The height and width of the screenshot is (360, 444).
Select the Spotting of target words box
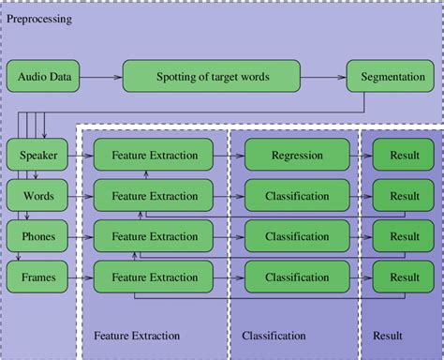212,76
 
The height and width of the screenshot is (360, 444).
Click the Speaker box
32,156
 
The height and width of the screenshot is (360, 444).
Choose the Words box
32,196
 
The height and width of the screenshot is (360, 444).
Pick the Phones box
32,236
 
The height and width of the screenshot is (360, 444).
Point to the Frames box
32,277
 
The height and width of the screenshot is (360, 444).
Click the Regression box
296,156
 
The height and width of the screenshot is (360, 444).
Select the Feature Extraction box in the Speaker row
155,156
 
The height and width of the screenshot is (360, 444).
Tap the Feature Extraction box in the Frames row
155,277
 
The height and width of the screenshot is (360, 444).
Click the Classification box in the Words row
296,196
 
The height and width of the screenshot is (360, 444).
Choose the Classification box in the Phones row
296,236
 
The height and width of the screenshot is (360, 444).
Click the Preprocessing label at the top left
38,19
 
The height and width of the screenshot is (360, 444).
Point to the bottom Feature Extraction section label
137,335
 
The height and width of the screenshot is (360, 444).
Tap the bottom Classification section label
274,335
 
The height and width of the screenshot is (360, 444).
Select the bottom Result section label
387,335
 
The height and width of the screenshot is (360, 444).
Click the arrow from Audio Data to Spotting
102,76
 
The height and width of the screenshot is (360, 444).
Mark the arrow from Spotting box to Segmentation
323,76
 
